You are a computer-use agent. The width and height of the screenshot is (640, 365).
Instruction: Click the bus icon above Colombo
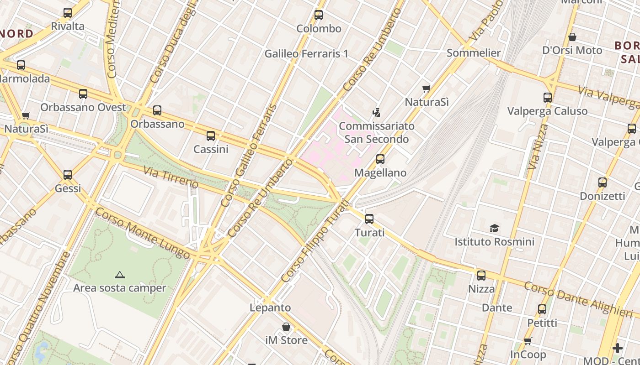click(319, 15)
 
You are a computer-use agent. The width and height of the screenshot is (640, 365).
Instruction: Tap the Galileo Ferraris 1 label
click(306, 53)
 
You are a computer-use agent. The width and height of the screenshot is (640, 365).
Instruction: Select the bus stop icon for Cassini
click(210, 136)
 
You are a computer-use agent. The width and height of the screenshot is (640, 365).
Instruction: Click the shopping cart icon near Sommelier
click(426, 89)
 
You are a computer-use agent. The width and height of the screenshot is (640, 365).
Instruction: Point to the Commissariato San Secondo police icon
click(377, 112)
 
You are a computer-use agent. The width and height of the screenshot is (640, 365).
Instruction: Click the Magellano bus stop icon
click(380, 159)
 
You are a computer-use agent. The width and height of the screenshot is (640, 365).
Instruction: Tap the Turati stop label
click(369, 232)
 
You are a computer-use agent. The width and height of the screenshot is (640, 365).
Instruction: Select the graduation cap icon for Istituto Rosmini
click(494, 228)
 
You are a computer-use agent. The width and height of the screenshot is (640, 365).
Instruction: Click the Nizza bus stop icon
click(481, 275)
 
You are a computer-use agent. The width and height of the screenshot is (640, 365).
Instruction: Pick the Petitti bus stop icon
click(542, 309)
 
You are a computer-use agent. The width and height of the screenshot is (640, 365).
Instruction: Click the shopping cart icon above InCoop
click(528, 341)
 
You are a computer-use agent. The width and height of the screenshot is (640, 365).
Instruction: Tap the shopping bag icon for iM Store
click(286, 327)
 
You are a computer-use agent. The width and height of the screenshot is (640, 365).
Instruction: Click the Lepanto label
click(270, 308)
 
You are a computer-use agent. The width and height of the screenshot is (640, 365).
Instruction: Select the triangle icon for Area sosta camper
click(119, 275)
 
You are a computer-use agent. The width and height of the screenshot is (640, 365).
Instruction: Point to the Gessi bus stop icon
click(68, 174)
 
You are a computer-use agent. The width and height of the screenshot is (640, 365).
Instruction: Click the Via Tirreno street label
click(171, 177)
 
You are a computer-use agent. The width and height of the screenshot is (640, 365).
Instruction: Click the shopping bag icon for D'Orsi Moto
click(572, 37)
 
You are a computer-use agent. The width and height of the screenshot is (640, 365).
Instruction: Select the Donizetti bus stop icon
click(602, 182)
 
